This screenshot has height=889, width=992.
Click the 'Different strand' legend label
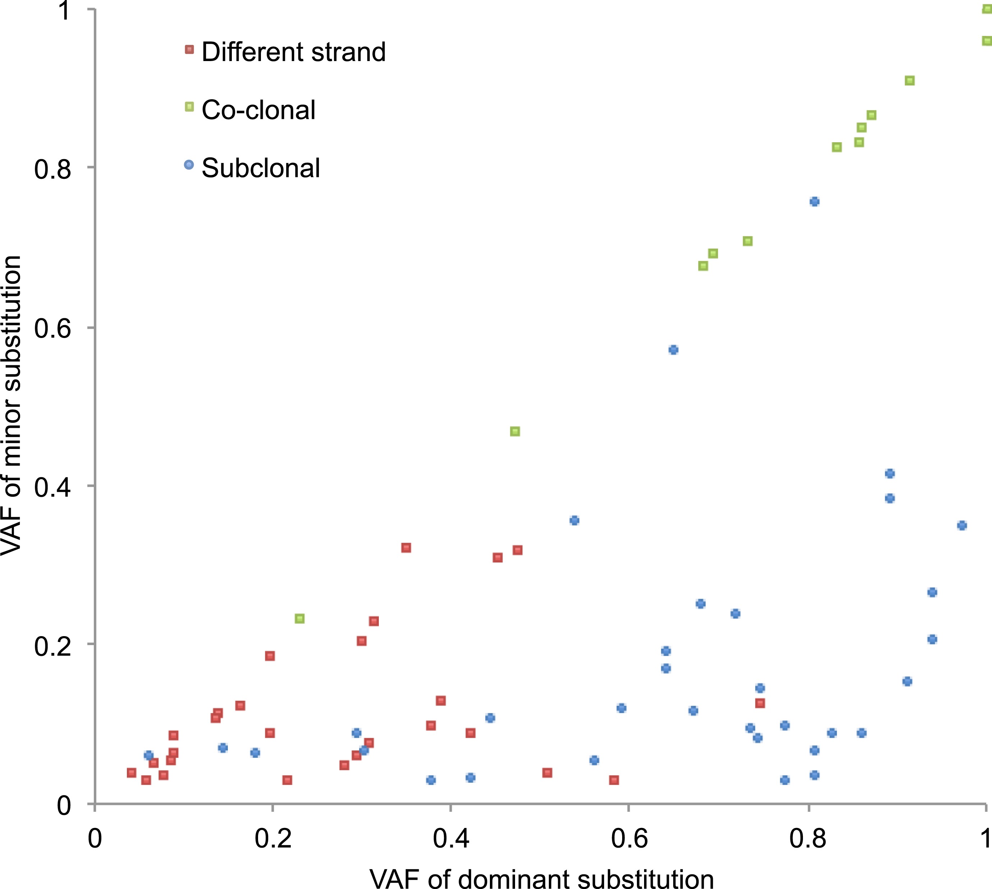coord(293,52)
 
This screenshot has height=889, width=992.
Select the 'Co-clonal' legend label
coord(258,110)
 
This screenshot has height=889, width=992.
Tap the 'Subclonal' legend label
coord(261,168)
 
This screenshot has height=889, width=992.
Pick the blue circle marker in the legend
coord(189,165)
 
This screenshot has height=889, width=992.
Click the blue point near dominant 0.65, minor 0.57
coord(674,350)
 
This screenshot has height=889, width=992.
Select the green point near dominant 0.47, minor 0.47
coord(515,431)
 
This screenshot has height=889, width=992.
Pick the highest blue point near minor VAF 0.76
coord(814,202)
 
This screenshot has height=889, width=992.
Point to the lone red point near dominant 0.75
coord(760,703)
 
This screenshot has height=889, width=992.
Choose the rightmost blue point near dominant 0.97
coord(962,525)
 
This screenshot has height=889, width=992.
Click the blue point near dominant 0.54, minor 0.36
coord(575,520)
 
